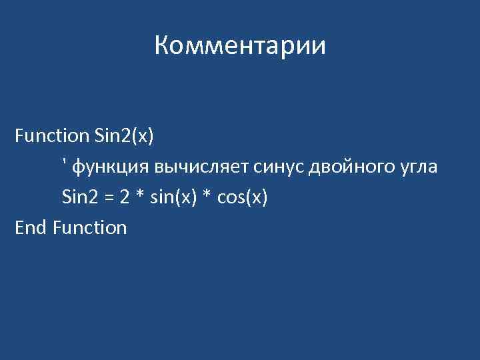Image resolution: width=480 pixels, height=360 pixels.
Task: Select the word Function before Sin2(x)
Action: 51,136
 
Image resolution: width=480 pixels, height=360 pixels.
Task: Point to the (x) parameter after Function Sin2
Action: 143,136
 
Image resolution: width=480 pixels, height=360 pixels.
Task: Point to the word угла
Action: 417,167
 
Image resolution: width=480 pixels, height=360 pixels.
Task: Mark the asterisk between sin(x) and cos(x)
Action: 205,195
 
